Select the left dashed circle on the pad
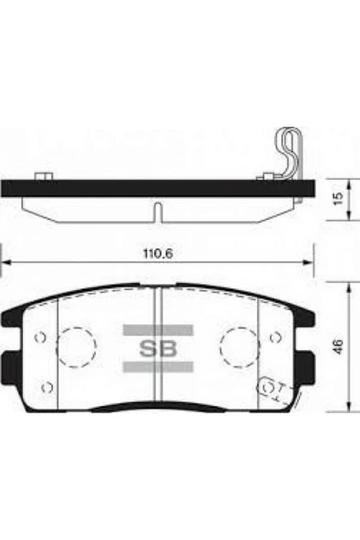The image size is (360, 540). tap(77, 344)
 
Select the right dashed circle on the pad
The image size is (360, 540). tap(239, 344)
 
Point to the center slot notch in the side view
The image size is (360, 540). tap(158, 211)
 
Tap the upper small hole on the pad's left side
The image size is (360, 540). tap(39, 337)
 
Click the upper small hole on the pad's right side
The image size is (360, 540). tap(276, 337)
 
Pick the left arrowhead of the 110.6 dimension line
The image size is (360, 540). tap(5, 262)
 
